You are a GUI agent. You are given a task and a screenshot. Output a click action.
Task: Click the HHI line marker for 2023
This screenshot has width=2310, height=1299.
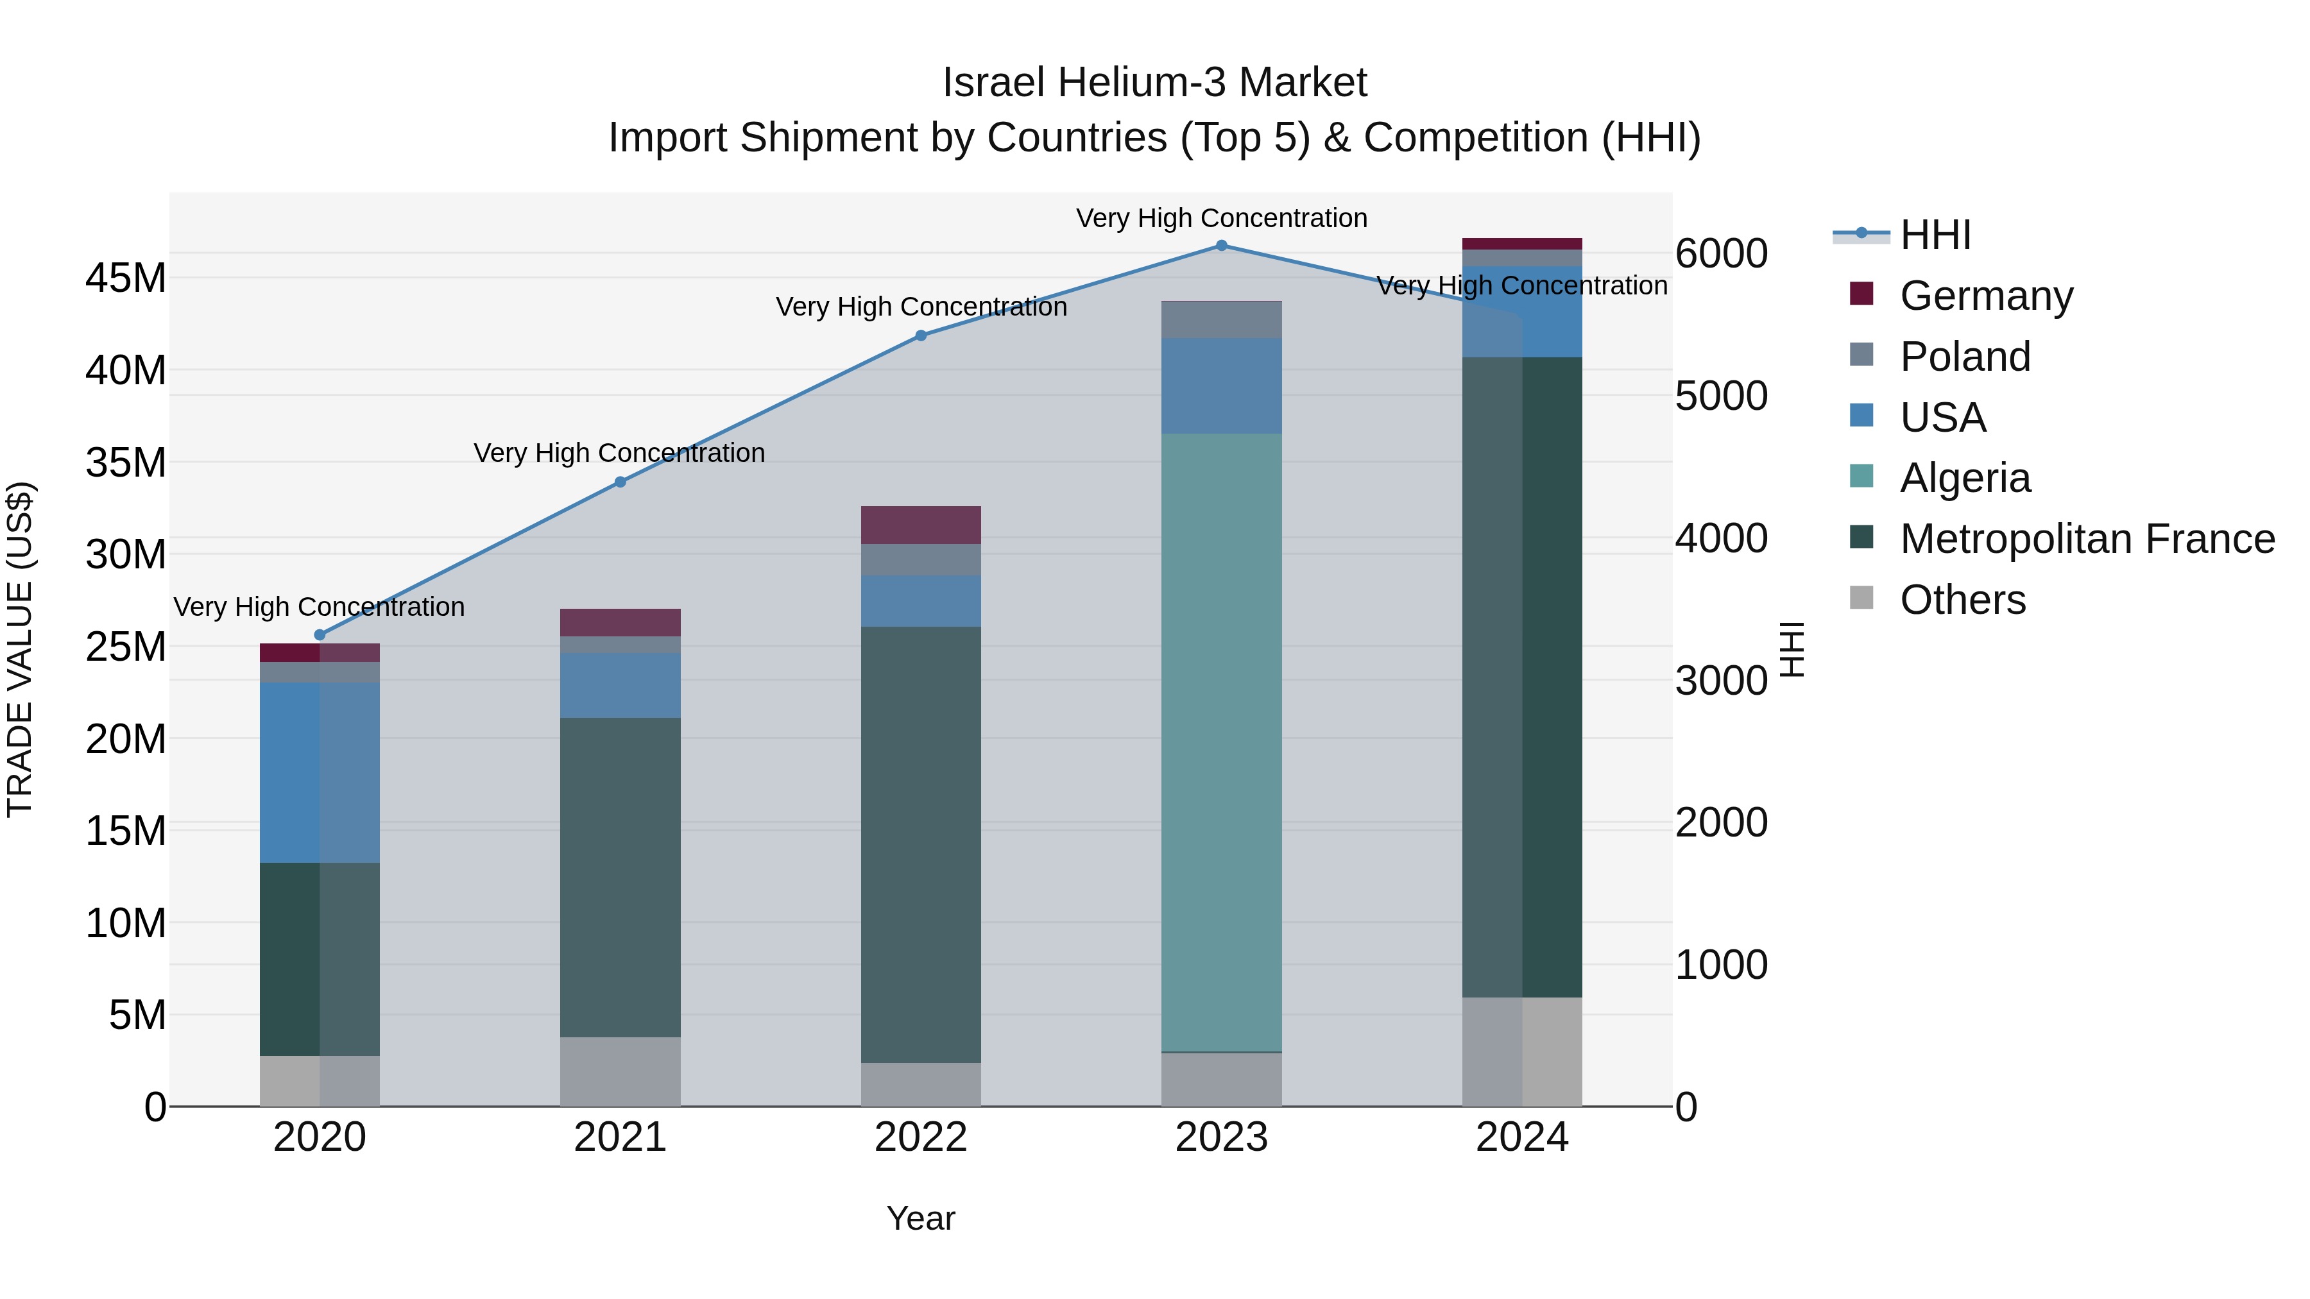(x=1221, y=245)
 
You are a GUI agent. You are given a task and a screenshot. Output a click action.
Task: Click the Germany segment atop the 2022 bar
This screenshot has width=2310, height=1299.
(x=921, y=525)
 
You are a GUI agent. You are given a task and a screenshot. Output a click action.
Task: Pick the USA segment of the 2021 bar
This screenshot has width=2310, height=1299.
(x=620, y=685)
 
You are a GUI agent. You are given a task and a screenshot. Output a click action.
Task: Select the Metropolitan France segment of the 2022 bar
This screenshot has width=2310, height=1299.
(x=921, y=844)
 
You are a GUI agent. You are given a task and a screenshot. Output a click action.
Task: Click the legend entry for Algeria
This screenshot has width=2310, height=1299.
(x=1964, y=478)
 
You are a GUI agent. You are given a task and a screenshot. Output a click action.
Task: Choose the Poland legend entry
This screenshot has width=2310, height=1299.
(x=1964, y=357)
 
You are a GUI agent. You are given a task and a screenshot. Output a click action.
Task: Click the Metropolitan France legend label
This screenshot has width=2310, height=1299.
(x=2087, y=539)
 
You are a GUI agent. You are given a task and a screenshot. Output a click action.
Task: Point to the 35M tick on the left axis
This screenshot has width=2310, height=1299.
(x=126, y=463)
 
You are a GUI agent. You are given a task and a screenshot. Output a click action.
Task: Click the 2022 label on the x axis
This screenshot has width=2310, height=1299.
(x=921, y=1137)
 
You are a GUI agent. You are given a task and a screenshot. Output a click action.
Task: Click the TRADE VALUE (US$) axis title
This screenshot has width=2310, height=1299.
(x=20, y=649)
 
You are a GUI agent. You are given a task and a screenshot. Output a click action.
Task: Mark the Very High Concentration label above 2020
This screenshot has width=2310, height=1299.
(x=320, y=607)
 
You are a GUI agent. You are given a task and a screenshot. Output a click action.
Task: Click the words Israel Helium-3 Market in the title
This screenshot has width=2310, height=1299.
(x=1154, y=83)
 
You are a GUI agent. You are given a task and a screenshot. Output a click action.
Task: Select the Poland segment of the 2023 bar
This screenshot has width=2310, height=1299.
(x=1221, y=320)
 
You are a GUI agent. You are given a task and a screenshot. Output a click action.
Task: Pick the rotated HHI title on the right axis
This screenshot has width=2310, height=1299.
(x=1791, y=649)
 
